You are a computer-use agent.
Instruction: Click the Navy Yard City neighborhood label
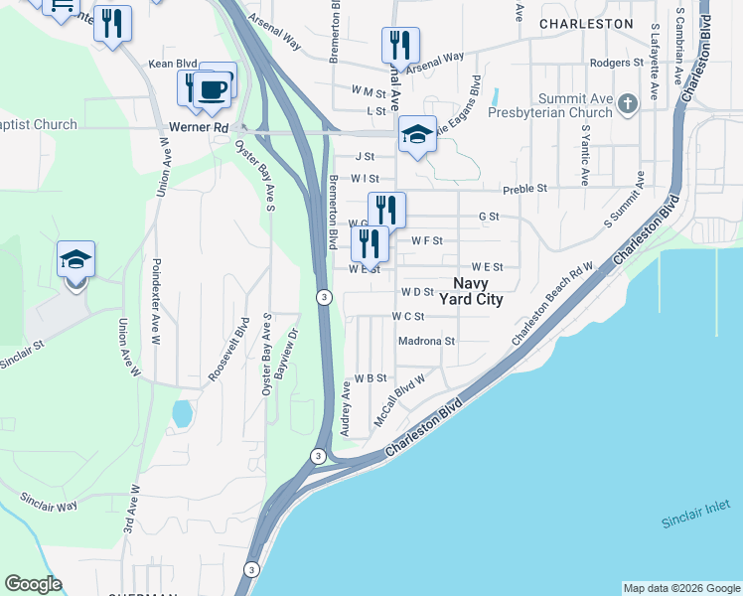[x=480, y=290]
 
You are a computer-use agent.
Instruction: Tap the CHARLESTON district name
[x=585, y=23]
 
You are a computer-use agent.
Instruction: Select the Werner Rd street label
[x=206, y=128]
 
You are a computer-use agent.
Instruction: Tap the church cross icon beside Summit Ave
[x=627, y=104]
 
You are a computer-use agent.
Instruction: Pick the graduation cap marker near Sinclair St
[x=75, y=260]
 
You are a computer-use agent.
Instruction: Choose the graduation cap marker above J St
[x=418, y=135]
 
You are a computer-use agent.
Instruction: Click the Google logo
[x=33, y=584]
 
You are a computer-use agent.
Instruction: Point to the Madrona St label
[x=425, y=341]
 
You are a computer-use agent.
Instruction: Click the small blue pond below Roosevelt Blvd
[x=182, y=412]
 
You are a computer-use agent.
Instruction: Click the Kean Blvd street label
[x=167, y=64]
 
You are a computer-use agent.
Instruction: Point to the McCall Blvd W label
[x=399, y=399]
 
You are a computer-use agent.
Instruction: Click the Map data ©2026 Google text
[x=680, y=588]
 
